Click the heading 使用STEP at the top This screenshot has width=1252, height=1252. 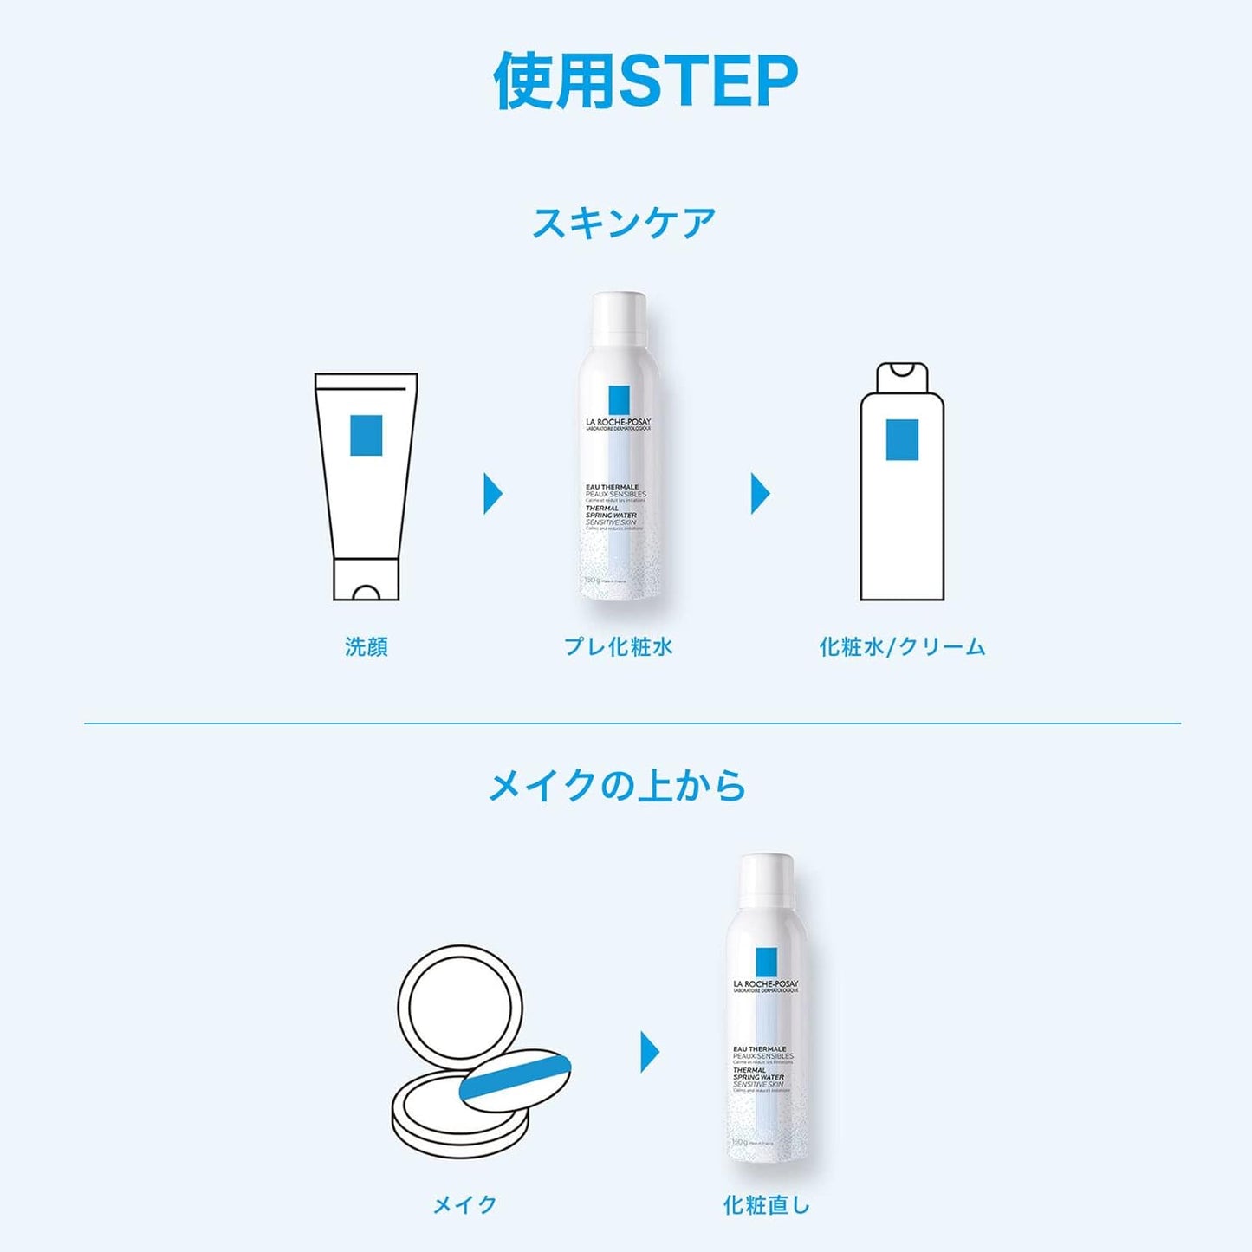[x=645, y=81]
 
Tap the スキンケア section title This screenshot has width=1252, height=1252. [x=624, y=223]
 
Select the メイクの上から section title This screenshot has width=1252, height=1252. [x=617, y=786]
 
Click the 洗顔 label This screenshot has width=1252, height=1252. [x=367, y=646]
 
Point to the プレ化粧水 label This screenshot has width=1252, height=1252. [x=618, y=646]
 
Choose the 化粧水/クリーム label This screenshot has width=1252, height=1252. [x=902, y=646]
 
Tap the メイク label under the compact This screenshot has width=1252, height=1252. [x=465, y=1204]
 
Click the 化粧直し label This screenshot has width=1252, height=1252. [x=766, y=1204]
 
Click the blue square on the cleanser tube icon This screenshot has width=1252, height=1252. [x=366, y=435]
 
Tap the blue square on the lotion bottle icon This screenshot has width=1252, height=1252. [x=902, y=439]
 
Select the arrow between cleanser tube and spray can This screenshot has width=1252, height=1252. [x=492, y=494]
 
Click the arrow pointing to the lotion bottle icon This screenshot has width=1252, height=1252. [x=760, y=494]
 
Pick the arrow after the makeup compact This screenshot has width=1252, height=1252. [x=650, y=1052]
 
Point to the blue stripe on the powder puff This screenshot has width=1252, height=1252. [x=514, y=1077]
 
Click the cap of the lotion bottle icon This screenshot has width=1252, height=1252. [x=902, y=378]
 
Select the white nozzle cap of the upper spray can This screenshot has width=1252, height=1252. [x=619, y=318]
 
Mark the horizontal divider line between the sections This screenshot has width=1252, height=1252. [x=632, y=723]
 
